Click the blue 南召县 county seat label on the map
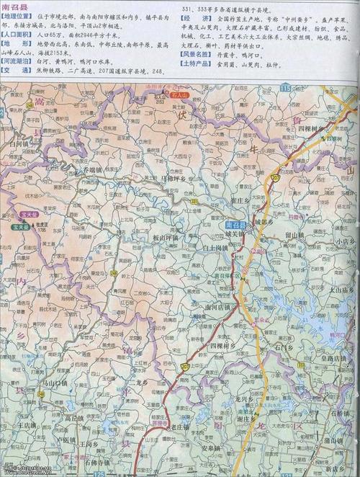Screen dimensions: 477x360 tap(235, 225)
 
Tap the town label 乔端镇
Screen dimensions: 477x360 tap(94, 171)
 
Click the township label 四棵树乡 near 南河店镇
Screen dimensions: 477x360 tap(223, 345)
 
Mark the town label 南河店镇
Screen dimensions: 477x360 tap(217, 307)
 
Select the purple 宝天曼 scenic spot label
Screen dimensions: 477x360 tap(19, 226)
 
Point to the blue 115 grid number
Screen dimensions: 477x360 tap(286, 87)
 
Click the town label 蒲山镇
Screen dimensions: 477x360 tap(333, 440)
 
